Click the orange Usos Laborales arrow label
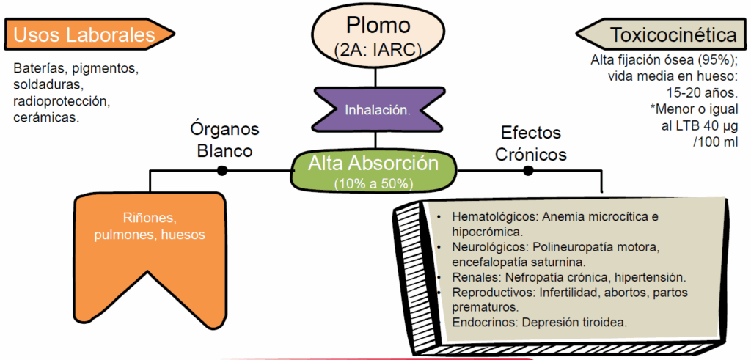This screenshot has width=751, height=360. [85, 34]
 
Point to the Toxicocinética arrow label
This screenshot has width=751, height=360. [663, 34]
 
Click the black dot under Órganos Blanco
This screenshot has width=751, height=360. [221, 170]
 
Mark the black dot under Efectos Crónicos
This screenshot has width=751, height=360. [527, 170]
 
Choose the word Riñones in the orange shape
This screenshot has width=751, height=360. [150, 218]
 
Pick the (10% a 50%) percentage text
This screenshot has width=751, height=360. [374, 183]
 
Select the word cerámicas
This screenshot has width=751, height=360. [46, 117]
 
